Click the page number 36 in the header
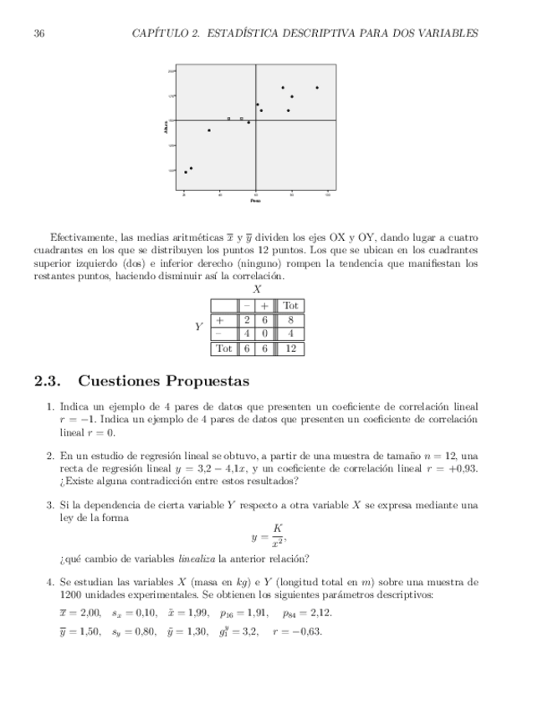coord(38,33)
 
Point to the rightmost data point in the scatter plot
coord(317,87)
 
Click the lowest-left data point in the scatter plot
coord(186,172)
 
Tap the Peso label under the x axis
coord(255,201)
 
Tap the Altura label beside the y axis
coord(166,128)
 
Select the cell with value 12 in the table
coord(289,348)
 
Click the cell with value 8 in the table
coord(289,319)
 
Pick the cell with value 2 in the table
coord(247,319)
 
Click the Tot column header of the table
coord(289,306)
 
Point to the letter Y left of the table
coord(199,327)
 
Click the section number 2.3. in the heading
coord(49,382)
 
